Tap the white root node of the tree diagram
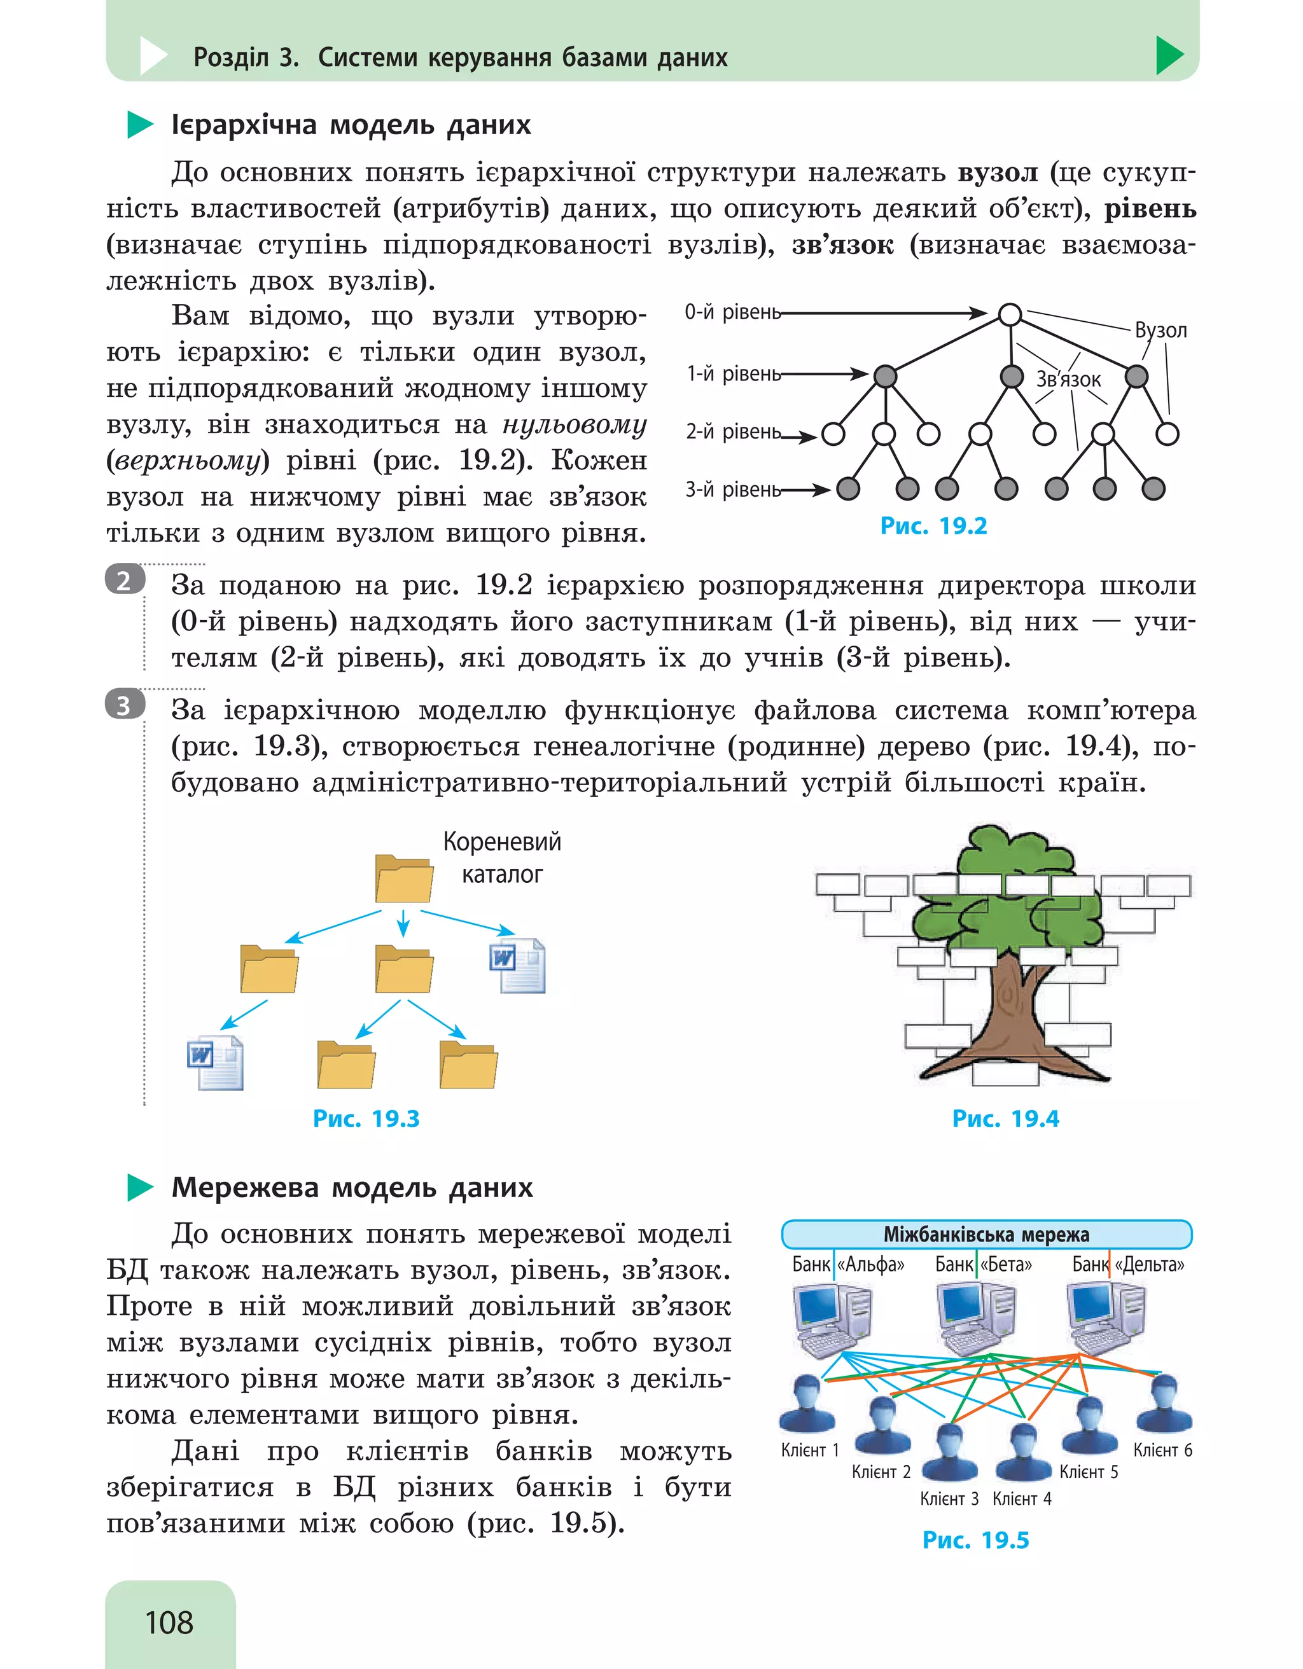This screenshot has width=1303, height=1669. click(x=1010, y=314)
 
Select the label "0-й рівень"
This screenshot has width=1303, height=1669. click(x=732, y=312)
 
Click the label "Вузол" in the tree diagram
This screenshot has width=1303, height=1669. click(x=1160, y=330)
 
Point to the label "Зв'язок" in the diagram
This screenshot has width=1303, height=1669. click(x=1068, y=379)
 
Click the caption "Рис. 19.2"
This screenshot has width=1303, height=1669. click(x=933, y=526)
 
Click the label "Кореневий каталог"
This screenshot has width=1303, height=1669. click(x=502, y=857)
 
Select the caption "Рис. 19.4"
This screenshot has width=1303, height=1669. click(x=1005, y=1119)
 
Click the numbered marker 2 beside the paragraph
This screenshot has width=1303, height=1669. click(x=125, y=581)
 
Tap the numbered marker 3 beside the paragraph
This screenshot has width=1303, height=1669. click(x=125, y=705)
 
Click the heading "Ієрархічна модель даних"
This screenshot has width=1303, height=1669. click(x=351, y=125)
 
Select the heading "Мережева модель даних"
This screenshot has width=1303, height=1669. click(x=352, y=1188)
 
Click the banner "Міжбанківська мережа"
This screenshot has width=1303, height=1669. click(x=986, y=1234)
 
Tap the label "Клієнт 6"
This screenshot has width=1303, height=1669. click(x=1162, y=1450)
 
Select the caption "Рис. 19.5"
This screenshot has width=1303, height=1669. click(x=975, y=1540)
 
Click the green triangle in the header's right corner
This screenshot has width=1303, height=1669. click(x=1169, y=55)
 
